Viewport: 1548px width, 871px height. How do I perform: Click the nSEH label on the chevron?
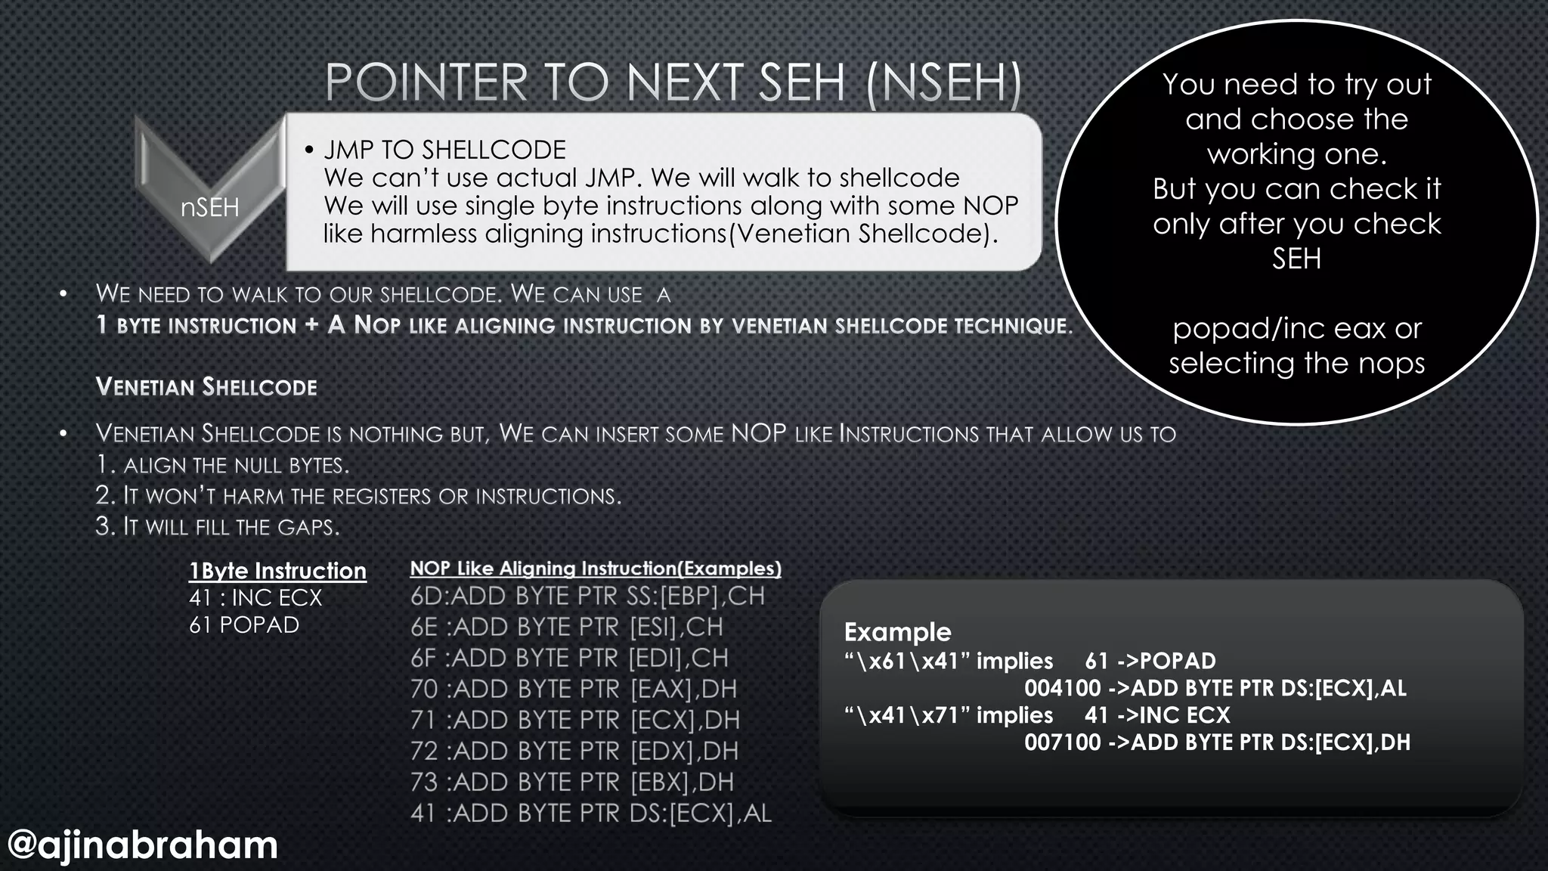click(x=209, y=207)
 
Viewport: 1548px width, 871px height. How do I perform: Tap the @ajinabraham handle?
click(x=143, y=845)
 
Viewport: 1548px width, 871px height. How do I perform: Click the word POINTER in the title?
click(x=426, y=82)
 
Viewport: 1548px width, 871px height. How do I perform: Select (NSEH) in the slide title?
click(x=945, y=82)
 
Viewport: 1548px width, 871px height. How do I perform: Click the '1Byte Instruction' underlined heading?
click(x=277, y=571)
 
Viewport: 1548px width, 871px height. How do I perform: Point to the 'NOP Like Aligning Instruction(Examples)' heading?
click(x=596, y=569)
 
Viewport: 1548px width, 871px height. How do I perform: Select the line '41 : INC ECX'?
click(x=255, y=598)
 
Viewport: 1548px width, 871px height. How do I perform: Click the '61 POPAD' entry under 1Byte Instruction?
click(x=244, y=625)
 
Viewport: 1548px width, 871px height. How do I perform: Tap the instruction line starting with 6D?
click(x=587, y=597)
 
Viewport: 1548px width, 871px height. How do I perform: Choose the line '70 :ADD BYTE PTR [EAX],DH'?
click(x=574, y=689)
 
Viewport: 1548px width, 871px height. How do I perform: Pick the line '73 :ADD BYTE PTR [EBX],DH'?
click(x=572, y=782)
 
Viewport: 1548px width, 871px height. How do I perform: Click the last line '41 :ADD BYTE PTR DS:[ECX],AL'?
click(x=590, y=813)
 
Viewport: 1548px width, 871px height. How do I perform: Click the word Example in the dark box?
click(x=897, y=632)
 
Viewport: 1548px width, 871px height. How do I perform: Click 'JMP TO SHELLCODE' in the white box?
click(x=444, y=150)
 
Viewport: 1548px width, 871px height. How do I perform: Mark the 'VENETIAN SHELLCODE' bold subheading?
click(x=206, y=387)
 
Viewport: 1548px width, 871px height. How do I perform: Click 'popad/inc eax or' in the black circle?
click(x=1296, y=329)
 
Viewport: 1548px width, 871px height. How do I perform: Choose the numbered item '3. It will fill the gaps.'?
click(x=218, y=526)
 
